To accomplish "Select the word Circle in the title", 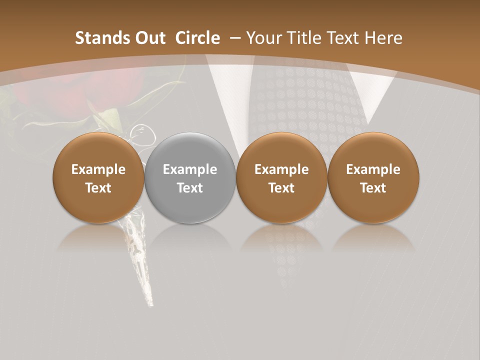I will tap(197, 38).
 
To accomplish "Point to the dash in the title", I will tap(235, 38).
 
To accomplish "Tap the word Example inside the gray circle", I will tap(190, 169).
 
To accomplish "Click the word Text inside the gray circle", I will tap(190, 188).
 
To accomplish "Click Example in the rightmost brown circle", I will tap(373, 169).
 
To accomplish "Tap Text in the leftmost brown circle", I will tap(98, 188).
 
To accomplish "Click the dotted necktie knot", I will tap(300, 100).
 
